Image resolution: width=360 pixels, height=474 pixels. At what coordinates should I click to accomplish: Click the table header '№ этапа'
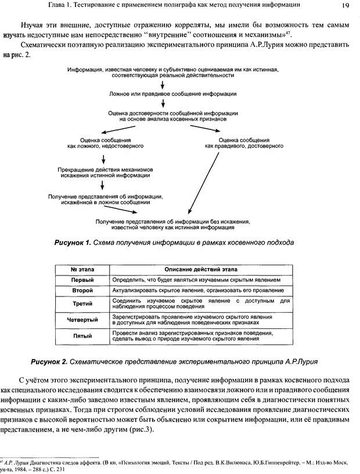pyautogui.click(x=82, y=269)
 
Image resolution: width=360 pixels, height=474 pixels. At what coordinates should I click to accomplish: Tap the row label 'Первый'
pyautogui.click(x=82, y=279)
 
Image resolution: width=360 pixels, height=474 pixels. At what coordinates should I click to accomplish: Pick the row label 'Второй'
pyautogui.click(x=82, y=290)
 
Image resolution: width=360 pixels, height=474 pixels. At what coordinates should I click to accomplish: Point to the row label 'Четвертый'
pyautogui.click(x=82, y=320)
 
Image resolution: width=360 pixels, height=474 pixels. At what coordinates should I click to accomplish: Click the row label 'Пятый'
pyautogui.click(x=82, y=336)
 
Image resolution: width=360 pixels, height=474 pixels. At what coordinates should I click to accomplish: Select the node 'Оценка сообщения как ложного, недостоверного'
pyautogui.click(x=105, y=143)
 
